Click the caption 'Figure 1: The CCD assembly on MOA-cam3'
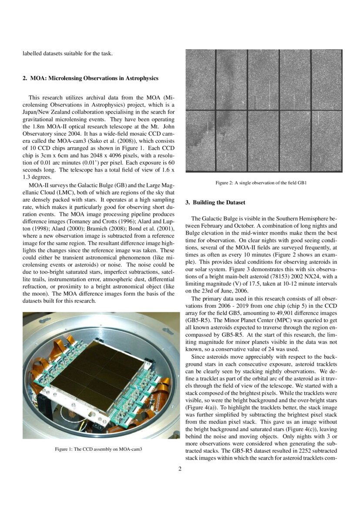pyautogui.click(x=101, y=449)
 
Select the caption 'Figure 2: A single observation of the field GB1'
pyautogui.click(x=262, y=183)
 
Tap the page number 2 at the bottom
pyautogui.click(x=180, y=469)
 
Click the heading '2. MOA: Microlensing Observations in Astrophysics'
pyautogui.click(x=90, y=78)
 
